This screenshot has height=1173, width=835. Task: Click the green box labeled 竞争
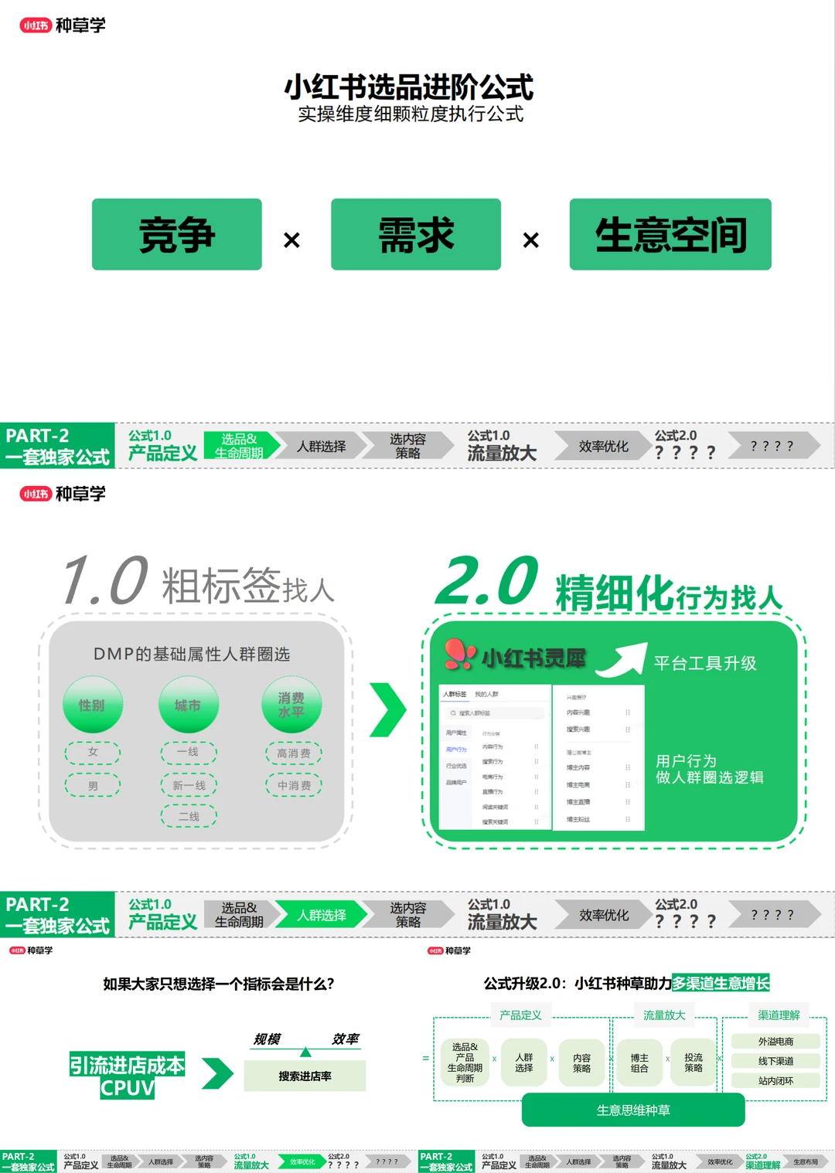(x=176, y=234)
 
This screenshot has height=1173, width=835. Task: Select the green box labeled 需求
(x=416, y=234)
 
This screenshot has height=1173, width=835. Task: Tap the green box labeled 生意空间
(x=670, y=234)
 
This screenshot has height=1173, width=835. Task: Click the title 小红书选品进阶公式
(x=409, y=87)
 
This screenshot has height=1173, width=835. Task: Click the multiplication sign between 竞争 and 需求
(x=291, y=240)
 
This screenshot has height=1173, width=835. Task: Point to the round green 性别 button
(x=92, y=705)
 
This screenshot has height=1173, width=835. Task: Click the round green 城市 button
(x=188, y=705)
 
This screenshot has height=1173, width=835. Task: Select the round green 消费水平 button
(x=291, y=705)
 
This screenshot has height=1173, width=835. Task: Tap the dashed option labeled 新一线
(x=189, y=785)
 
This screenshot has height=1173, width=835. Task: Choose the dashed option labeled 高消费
(x=294, y=753)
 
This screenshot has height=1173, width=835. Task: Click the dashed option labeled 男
(x=93, y=785)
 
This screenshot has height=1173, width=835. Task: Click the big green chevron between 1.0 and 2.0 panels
(x=387, y=709)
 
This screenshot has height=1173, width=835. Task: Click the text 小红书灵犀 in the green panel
(x=533, y=658)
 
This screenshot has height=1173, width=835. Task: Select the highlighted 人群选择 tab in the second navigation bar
(x=321, y=915)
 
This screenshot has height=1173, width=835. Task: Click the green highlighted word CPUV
(x=128, y=1088)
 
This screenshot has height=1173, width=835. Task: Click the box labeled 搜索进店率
(x=305, y=1076)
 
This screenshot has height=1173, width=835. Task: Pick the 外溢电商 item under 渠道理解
(x=775, y=1042)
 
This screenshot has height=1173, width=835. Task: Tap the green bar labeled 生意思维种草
(x=633, y=1110)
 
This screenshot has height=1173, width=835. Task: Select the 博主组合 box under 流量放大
(x=639, y=1063)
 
